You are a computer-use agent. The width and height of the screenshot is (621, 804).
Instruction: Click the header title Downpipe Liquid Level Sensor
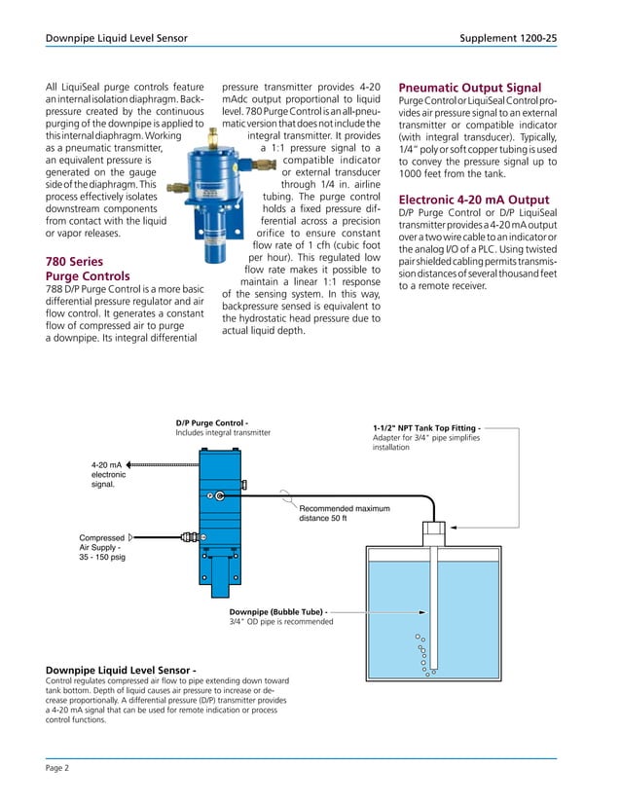point(117,38)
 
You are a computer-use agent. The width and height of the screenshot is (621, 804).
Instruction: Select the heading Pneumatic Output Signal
point(470,88)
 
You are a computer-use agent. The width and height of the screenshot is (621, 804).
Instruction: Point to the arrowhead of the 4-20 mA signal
point(130,465)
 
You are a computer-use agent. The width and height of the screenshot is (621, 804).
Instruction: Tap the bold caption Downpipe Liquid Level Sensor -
point(122,670)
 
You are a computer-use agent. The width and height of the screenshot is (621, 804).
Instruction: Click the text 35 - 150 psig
point(102,557)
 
